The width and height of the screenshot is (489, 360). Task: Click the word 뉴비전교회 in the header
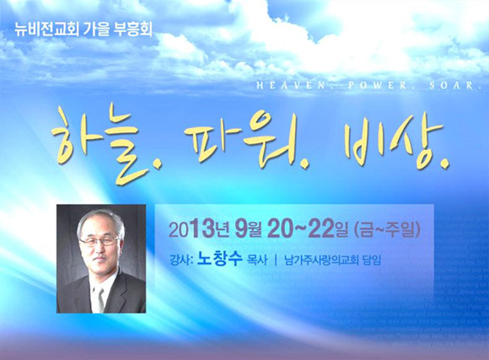click(46, 30)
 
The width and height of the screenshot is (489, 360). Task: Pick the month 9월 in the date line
click(248, 229)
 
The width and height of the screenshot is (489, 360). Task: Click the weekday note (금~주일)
click(387, 230)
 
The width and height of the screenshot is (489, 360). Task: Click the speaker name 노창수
click(219, 259)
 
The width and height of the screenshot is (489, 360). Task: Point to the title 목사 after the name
click(257, 260)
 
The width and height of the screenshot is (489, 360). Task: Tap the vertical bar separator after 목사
click(276, 260)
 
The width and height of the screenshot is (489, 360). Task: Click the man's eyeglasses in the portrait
click(99, 241)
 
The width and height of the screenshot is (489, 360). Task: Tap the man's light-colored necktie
click(99, 298)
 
